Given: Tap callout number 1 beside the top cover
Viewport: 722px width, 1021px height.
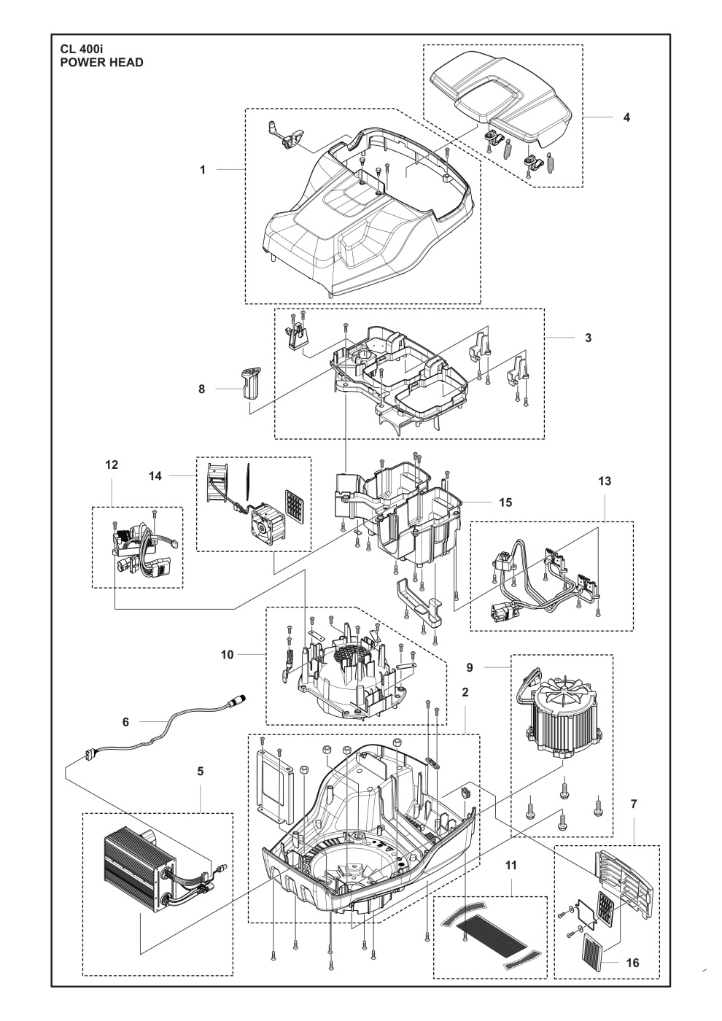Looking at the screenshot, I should [203, 169].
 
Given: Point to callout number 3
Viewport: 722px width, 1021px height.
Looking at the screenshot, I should [588, 338].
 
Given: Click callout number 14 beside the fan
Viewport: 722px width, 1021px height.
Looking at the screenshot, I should [155, 475].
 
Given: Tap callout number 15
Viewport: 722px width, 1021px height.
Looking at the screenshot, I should [505, 502].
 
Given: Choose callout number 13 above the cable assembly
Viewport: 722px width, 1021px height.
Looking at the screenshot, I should [605, 481].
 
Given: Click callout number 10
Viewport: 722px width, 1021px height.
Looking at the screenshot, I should [228, 655].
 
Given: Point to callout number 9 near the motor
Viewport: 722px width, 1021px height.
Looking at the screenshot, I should [491, 667].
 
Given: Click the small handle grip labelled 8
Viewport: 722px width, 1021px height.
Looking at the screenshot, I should [249, 383].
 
